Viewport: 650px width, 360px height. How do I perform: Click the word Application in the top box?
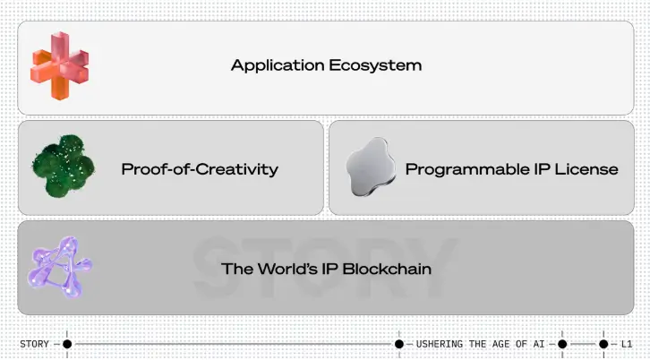(278, 65)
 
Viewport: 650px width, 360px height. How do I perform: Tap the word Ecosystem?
(375, 65)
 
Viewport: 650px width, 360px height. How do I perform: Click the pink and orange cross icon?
(60, 65)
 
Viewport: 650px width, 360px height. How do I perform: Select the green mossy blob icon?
(63, 166)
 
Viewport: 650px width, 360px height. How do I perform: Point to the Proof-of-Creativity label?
(200, 169)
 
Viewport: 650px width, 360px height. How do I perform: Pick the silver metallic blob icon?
(371, 167)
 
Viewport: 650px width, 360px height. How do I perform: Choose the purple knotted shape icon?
(60, 267)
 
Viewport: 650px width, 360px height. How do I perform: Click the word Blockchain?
(387, 269)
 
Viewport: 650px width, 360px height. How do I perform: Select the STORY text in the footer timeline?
(34, 344)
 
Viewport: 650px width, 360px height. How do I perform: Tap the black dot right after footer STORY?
(67, 344)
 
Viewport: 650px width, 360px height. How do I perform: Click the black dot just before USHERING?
(398, 344)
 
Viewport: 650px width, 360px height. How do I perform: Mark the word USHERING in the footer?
(440, 344)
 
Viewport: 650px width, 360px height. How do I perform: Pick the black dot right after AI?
(562, 344)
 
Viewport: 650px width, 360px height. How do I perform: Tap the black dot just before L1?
(603, 344)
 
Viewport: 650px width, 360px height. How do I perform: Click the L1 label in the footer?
(627, 344)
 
